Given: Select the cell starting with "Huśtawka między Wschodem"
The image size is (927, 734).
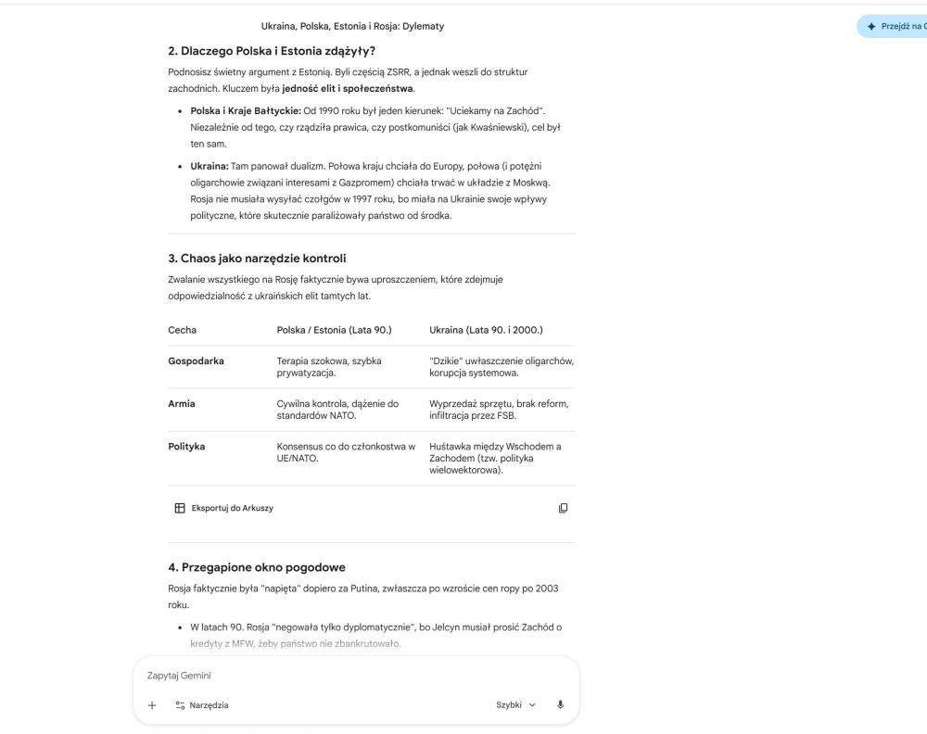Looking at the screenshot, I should point(501,459).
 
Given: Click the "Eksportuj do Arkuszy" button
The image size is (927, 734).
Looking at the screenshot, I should point(223,508).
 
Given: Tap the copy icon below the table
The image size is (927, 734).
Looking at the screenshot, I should point(563,508).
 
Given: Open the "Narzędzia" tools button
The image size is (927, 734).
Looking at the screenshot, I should point(201,705).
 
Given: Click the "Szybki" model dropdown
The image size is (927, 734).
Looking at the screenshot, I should point(517,705).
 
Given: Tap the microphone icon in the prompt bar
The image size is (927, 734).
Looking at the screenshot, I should point(560,705).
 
